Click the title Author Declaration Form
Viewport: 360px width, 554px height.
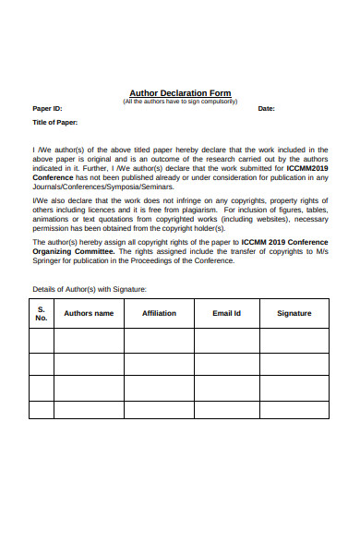pyautogui.click(x=180, y=93)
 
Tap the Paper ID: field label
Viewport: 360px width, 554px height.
pyautogui.click(x=48, y=109)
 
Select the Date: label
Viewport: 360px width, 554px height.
pyautogui.click(x=266, y=109)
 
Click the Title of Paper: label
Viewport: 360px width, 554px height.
pyautogui.click(x=55, y=122)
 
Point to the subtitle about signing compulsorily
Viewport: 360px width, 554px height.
pyautogui.click(x=180, y=101)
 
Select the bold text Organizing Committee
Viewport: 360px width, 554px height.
pyautogui.click(x=71, y=251)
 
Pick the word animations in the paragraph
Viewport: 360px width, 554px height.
pyautogui.click(x=54, y=220)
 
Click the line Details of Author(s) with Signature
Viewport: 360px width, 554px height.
pyautogui.click(x=90, y=289)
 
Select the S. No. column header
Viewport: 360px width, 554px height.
pyautogui.click(x=41, y=313)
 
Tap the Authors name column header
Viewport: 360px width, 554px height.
pyautogui.click(x=89, y=313)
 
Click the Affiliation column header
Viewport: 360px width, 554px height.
pyautogui.click(x=159, y=313)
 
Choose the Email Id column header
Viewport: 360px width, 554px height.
pyautogui.click(x=226, y=313)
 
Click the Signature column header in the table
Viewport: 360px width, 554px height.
pyautogui.click(x=294, y=313)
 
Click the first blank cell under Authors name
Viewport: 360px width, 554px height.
pyautogui.click(x=89, y=341)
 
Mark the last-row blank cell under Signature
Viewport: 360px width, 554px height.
pyautogui.click(x=294, y=409)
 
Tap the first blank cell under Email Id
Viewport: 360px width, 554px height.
pyautogui.click(x=226, y=341)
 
